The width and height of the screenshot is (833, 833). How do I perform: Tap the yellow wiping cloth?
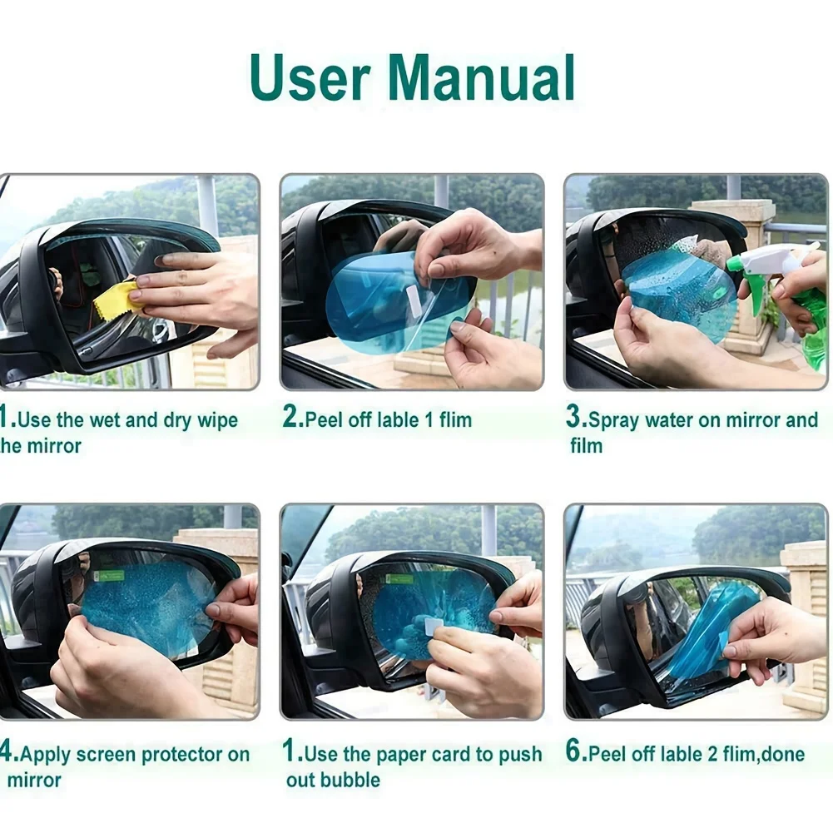[117, 300]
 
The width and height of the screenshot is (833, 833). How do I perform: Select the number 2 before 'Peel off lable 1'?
[291, 418]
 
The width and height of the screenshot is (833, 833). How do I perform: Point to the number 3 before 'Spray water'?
[574, 418]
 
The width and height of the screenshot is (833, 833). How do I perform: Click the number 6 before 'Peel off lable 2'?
[575, 752]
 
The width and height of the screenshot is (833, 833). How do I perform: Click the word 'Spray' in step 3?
[615, 420]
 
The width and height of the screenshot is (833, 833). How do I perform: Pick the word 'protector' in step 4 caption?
[181, 755]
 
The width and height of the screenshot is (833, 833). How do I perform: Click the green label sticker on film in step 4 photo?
[108, 575]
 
